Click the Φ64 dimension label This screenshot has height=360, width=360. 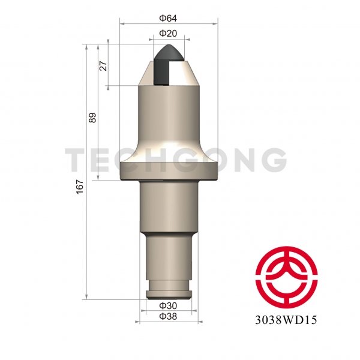point(169,18)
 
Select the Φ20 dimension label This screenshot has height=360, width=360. point(169,34)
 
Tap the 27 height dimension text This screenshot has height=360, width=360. point(103,66)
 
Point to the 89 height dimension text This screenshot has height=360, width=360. point(92,118)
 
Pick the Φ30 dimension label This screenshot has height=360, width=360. point(169,306)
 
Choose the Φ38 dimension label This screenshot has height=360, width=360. point(169,316)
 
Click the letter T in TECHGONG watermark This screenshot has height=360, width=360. point(76,160)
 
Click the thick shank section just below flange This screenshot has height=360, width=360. point(169,207)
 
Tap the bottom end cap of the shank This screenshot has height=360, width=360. point(169,293)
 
